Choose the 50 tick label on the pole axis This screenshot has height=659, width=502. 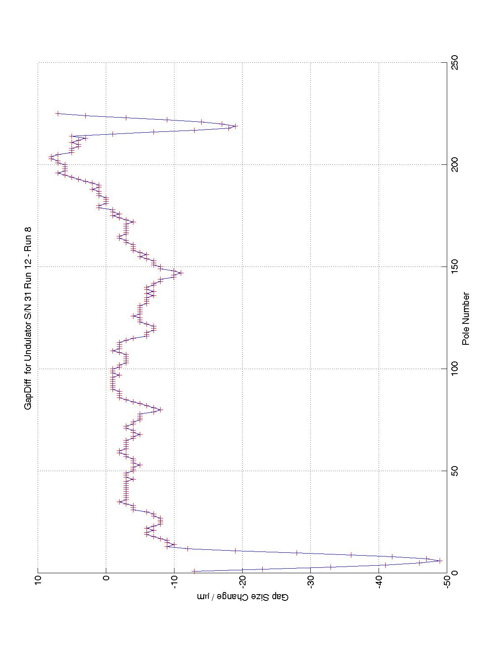(x=452, y=471)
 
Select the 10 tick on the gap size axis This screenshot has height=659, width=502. (x=38, y=581)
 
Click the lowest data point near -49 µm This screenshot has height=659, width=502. (x=440, y=561)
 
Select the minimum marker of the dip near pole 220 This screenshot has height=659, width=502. (x=235, y=126)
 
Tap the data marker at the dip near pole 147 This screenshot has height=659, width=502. (x=181, y=273)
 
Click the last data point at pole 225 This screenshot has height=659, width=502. (x=58, y=113)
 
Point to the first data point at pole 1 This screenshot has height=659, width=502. (x=194, y=571)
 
